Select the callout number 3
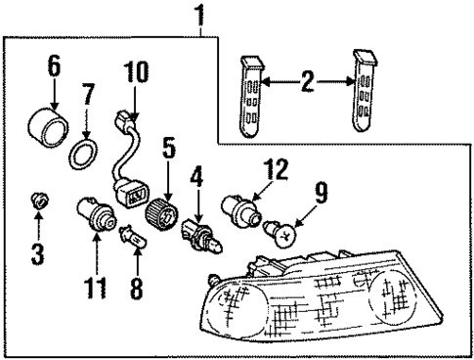[37, 255]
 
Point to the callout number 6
[53, 66]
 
